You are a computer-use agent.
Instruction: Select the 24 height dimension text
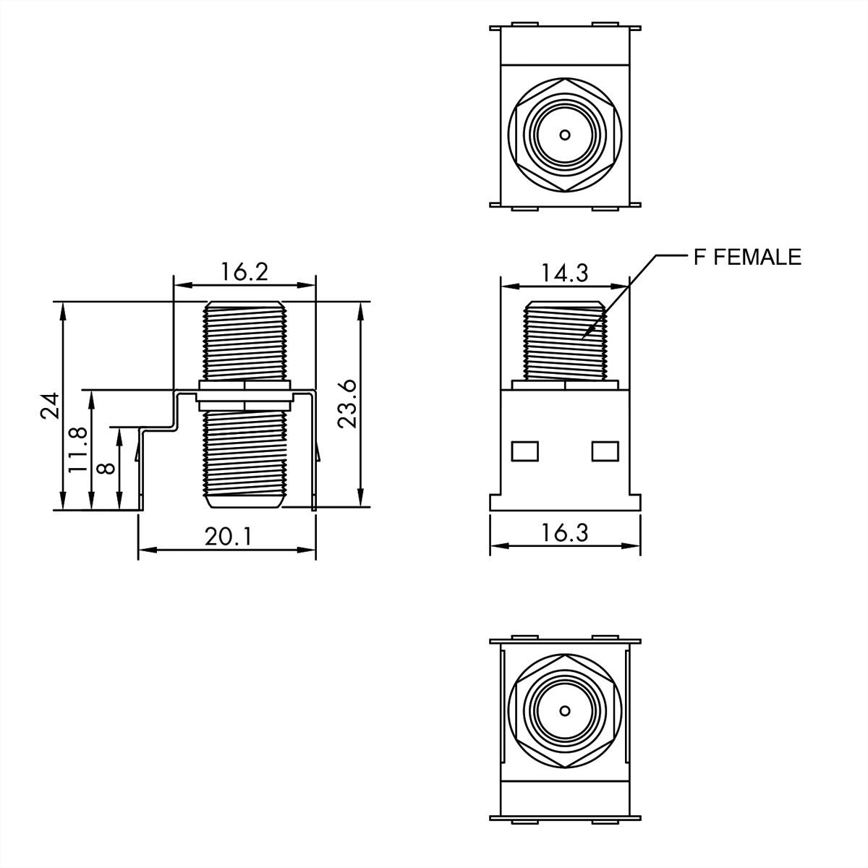point(48,406)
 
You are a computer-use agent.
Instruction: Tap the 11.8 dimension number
point(77,450)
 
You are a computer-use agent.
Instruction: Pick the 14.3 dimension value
point(564,273)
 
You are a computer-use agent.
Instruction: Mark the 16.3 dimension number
point(565,532)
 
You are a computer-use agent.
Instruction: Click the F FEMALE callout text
point(747,257)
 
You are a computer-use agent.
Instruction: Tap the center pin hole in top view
point(565,135)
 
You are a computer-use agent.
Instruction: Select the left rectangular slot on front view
point(525,451)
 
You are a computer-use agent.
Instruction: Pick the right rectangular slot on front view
point(605,451)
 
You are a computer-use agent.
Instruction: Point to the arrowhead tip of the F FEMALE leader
point(583,338)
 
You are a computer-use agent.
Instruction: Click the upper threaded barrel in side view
point(244,340)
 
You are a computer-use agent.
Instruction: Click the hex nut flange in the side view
point(244,394)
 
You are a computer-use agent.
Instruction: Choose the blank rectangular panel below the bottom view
point(565,799)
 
